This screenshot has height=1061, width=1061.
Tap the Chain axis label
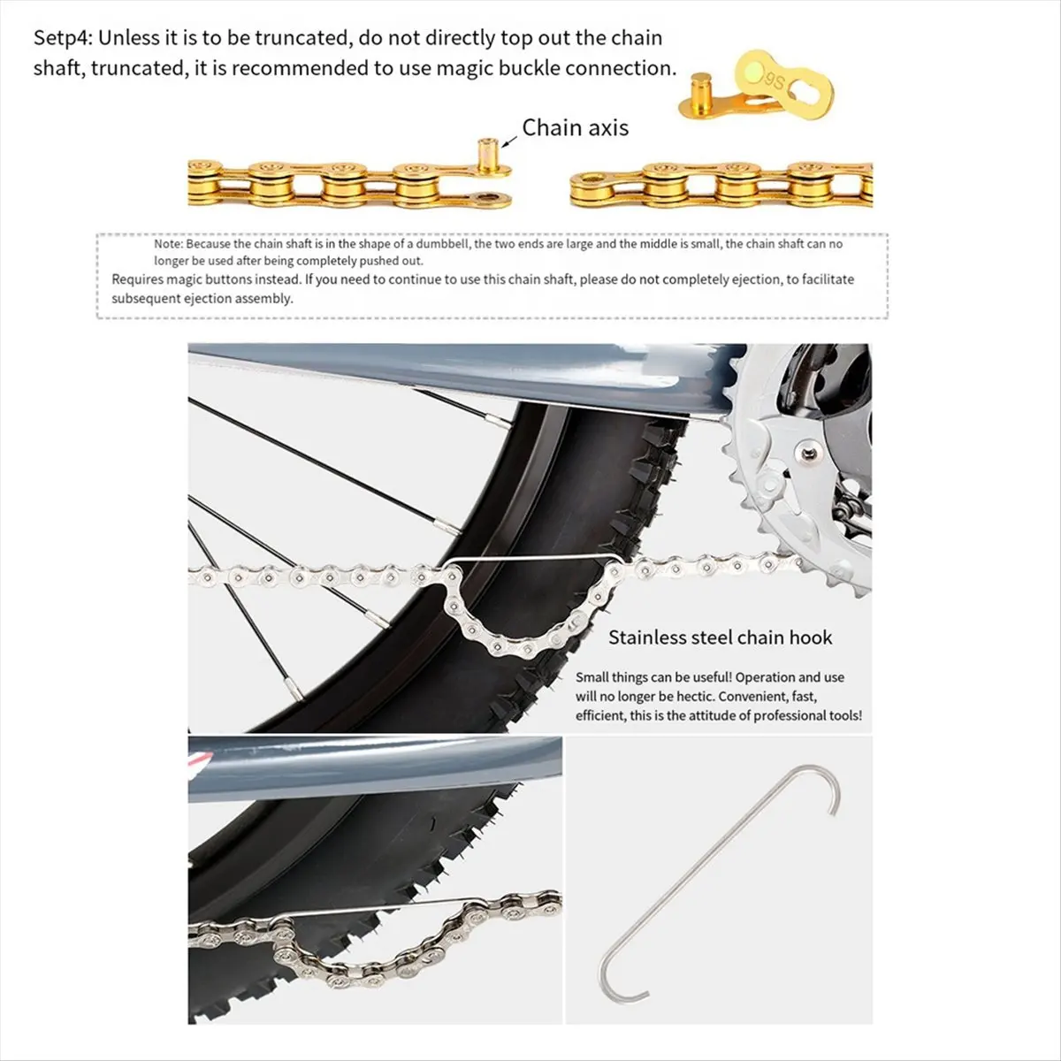(x=575, y=127)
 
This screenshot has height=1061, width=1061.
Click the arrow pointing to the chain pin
(x=509, y=141)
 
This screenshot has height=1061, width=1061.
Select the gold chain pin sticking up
(x=488, y=155)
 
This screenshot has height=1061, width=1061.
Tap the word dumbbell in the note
(x=443, y=244)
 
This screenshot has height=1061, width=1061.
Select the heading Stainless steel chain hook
(x=721, y=637)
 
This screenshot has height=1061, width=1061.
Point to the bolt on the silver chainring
(x=808, y=454)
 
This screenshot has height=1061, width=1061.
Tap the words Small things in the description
(x=611, y=677)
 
